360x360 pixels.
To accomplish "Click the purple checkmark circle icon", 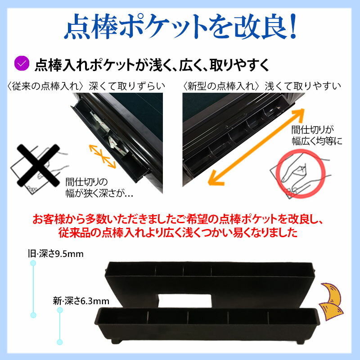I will [x=22, y=63].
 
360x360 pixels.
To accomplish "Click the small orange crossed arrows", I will [x=101, y=154].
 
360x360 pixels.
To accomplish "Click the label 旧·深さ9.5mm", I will [x=56, y=254].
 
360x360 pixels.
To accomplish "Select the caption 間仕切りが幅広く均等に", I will [x=316, y=135].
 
